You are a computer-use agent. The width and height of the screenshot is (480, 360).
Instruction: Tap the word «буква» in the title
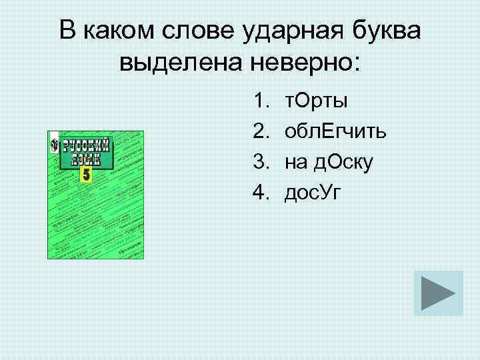tap(389, 31)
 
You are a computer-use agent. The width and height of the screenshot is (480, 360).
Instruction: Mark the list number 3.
tap(259, 162)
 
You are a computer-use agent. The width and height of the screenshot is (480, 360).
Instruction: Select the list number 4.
tap(259, 193)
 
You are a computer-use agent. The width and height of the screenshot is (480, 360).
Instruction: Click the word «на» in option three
tap(295, 162)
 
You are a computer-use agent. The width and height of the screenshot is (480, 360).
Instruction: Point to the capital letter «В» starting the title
tap(67, 31)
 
